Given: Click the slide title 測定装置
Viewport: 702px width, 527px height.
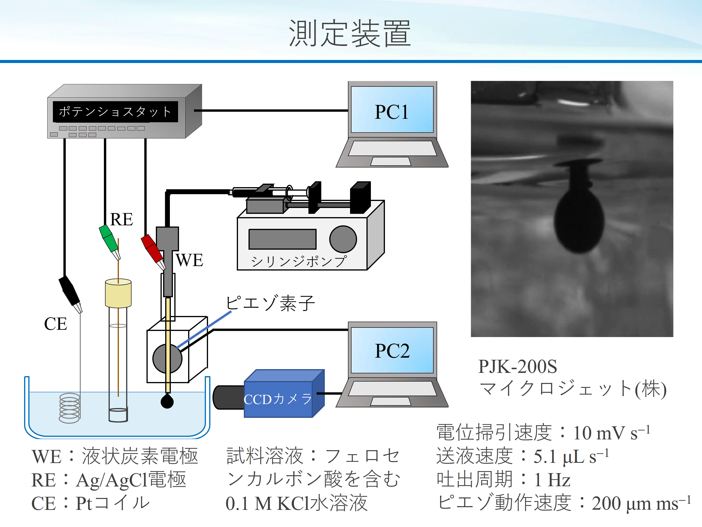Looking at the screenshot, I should pos(350,33).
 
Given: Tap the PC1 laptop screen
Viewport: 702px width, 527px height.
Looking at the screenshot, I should pos(392,110).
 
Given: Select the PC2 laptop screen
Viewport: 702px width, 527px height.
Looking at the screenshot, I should pos(392,350).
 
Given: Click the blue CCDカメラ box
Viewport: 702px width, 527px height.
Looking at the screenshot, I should pos(278,399).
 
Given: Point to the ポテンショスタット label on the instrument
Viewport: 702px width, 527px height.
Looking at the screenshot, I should pos(115,111).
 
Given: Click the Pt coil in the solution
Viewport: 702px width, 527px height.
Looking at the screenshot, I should pos(69,408).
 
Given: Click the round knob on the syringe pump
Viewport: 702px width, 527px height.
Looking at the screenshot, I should pos(343,239).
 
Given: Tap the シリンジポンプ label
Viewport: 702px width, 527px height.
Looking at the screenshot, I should pos(298,261).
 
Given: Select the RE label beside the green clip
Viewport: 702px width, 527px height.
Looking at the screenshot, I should pos(121,219).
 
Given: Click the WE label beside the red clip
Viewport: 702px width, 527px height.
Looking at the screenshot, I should pos(190,260).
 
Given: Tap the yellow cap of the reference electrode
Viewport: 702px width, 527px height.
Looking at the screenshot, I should pos(118,293).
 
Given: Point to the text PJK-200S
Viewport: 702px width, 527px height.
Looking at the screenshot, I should pos(517,366).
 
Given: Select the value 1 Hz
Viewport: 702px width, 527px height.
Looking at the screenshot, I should pos(552,479).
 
